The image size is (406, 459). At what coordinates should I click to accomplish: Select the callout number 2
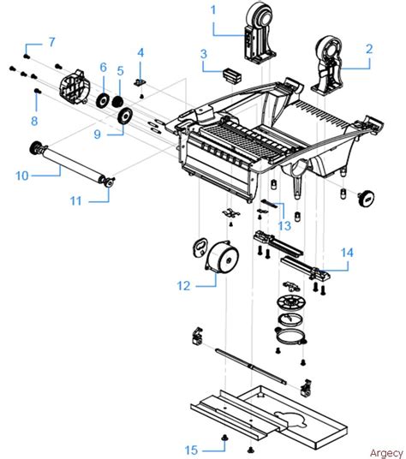click(369, 49)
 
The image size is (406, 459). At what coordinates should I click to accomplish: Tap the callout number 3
click(204, 55)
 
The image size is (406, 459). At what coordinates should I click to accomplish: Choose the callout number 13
click(284, 226)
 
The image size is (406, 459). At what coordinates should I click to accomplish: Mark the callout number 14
click(347, 253)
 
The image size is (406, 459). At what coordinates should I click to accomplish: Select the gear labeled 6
click(104, 101)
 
